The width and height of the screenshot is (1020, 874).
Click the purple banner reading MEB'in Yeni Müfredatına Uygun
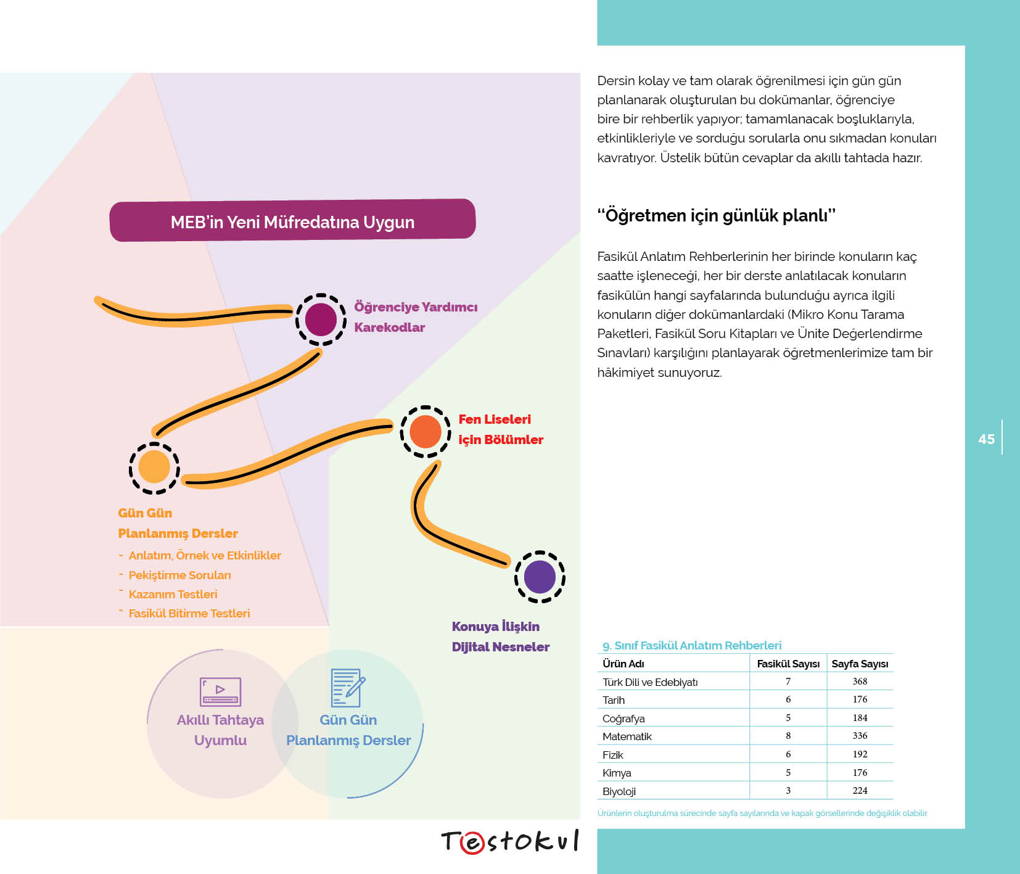click(x=292, y=220)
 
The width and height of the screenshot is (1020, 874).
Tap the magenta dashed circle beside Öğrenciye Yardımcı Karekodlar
click(x=321, y=320)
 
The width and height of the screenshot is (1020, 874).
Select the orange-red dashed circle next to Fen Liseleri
click(x=426, y=432)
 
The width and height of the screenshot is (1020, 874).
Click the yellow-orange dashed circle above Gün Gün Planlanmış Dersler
click(x=154, y=468)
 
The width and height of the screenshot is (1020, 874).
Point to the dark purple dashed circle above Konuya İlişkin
click(x=540, y=577)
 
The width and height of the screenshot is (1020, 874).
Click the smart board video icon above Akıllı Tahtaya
click(x=220, y=691)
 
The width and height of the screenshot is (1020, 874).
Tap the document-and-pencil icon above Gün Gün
click(x=348, y=688)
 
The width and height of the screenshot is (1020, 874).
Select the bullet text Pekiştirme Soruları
click(x=179, y=575)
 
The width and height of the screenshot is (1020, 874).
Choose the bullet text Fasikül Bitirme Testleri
click(x=189, y=613)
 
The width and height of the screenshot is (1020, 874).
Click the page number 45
click(x=986, y=439)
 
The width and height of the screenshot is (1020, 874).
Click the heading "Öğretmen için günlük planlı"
click(x=717, y=215)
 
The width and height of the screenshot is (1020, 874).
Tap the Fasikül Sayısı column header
click(x=788, y=664)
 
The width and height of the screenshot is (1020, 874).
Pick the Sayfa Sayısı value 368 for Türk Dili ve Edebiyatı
click(x=860, y=682)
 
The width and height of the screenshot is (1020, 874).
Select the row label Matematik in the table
click(x=627, y=736)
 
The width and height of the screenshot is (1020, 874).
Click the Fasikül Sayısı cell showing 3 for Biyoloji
click(x=788, y=791)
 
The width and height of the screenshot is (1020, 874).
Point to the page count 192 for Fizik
click(x=860, y=754)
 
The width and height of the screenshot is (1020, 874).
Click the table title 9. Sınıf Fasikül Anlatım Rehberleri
click(x=692, y=646)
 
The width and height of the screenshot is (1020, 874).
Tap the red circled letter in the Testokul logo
click(x=472, y=843)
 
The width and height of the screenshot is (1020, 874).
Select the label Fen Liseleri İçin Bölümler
click(x=501, y=429)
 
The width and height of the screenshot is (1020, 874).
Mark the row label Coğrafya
click(x=623, y=719)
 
